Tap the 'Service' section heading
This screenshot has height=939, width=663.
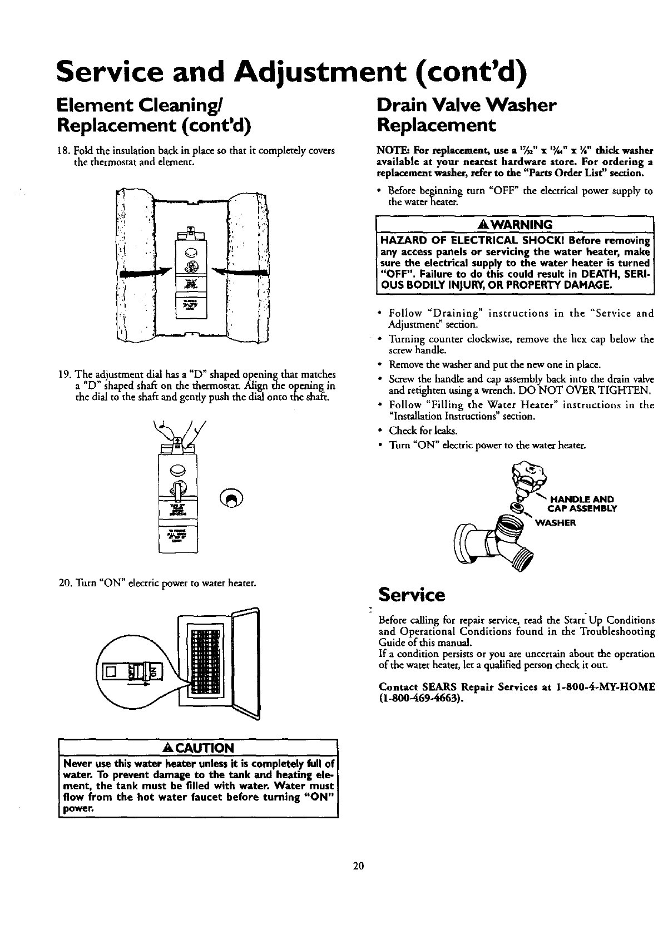[x=411, y=595]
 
